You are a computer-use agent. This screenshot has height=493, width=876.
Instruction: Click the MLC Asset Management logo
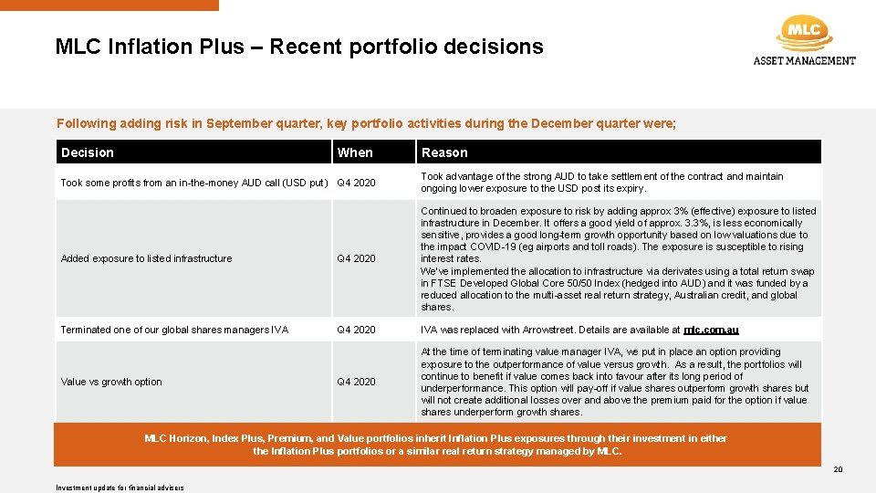pyautogui.click(x=804, y=41)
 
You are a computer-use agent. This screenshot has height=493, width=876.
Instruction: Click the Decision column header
pyautogui.click(x=88, y=152)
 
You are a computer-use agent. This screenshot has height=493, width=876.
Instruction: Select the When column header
pyautogui.click(x=355, y=152)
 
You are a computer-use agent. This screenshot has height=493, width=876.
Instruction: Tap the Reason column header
pyautogui.click(x=444, y=152)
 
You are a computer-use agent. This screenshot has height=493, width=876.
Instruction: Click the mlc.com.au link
pyautogui.click(x=711, y=330)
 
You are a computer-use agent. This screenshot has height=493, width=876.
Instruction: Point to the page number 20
pyautogui.click(x=838, y=468)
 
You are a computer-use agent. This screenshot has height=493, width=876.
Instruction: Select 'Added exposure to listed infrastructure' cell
pyautogui.click(x=146, y=258)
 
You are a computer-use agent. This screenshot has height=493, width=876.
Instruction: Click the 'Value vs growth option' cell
pyautogui.click(x=111, y=382)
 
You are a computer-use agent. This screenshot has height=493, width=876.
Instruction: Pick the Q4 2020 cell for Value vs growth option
pyautogui.click(x=356, y=382)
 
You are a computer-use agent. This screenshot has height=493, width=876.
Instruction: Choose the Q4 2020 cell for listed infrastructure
pyautogui.click(x=356, y=258)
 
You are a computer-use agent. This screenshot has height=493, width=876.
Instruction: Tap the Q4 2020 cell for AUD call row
pyautogui.click(x=356, y=183)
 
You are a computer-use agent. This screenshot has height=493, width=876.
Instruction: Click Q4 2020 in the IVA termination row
pyautogui.click(x=356, y=330)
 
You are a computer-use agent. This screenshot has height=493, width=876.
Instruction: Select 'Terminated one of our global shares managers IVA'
pyautogui.click(x=174, y=330)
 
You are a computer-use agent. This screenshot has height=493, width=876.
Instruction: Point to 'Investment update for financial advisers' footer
pyautogui.click(x=120, y=488)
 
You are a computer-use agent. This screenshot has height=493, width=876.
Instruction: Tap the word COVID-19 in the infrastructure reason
pyautogui.click(x=489, y=246)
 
